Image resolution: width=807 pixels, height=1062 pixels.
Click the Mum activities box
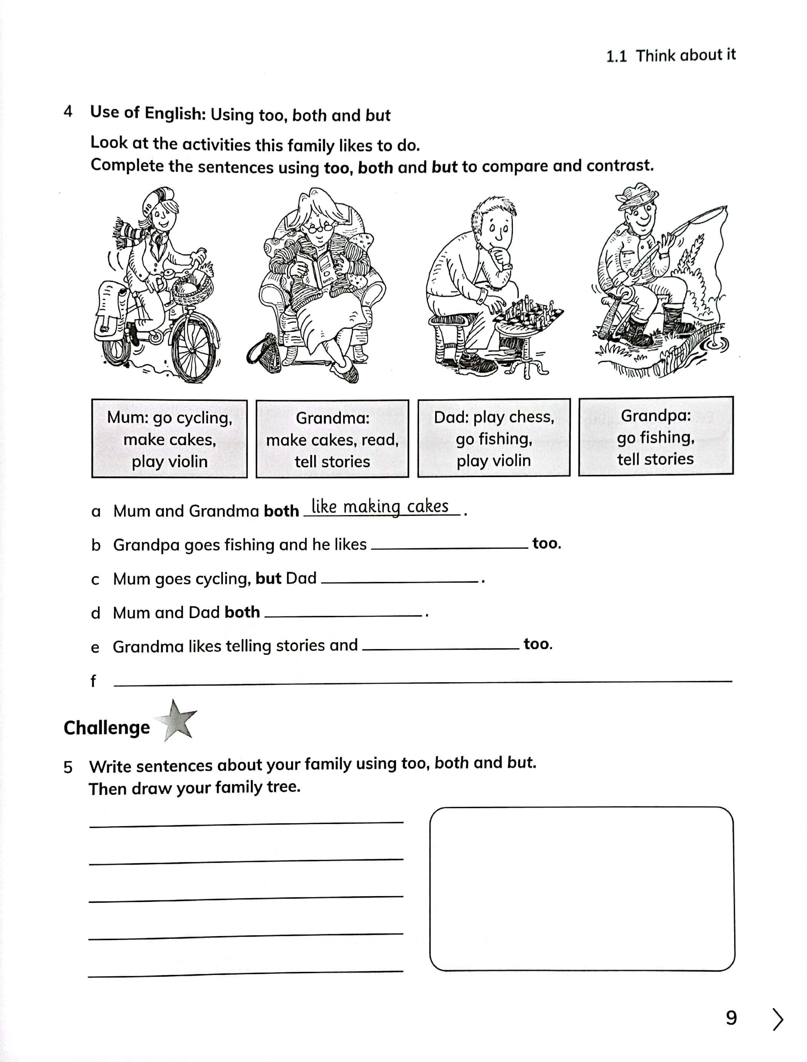click(170, 439)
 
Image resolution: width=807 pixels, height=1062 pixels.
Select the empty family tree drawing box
click(582, 889)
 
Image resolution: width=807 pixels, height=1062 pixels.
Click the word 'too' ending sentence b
click(546, 544)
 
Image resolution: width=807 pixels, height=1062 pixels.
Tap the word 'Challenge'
click(107, 728)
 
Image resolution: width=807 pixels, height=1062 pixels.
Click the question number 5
click(68, 767)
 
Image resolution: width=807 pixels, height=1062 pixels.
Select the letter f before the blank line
click(93, 681)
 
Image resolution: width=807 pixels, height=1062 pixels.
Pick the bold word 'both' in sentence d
click(242, 612)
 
